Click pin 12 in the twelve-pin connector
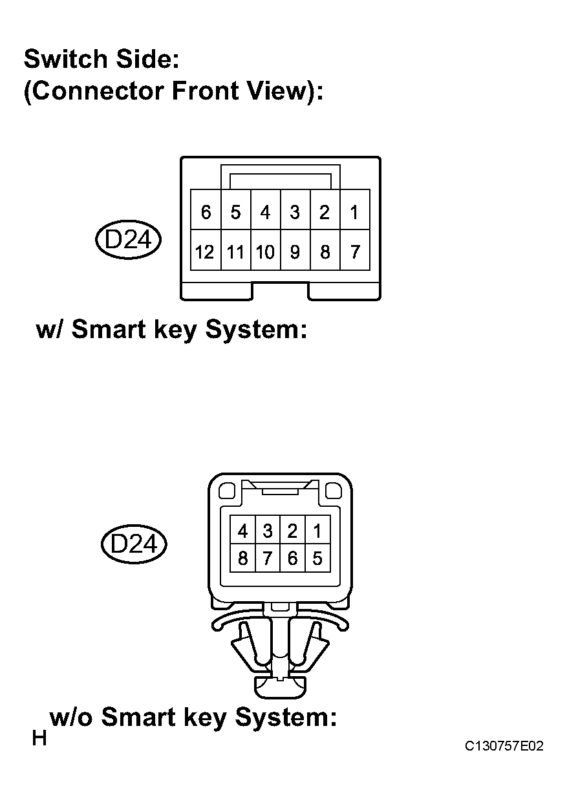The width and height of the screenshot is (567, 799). [x=206, y=250]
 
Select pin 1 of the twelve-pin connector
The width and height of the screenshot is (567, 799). [x=355, y=209]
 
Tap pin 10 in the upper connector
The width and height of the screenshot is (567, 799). [x=266, y=250]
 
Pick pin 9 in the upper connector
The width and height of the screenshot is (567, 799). [x=295, y=250]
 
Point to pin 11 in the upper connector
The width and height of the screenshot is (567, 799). [x=236, y=250]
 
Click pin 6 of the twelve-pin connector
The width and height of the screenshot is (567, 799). [x=206, y=209]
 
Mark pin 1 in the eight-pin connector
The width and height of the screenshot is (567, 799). [x=317, y=530]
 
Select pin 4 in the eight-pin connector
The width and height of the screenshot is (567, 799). [x=243, y=530]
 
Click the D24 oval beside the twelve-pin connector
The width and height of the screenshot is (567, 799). [x=128, y=239]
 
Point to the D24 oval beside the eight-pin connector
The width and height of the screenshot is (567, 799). [x=134, y=544]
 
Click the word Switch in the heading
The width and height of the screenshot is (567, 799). [x=66, y=59]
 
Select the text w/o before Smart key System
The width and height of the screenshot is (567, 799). [x=71, y=717]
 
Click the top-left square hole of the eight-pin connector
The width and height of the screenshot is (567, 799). [x=226, y=491]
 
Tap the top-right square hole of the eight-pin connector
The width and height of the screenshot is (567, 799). [x=334, y=491]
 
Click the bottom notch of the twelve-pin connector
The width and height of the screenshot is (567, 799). [x=280, y=291]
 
